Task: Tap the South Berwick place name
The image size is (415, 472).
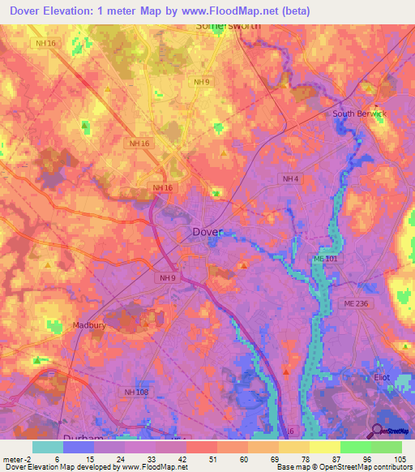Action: pos(360,114)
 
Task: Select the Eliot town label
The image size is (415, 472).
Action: pos(382,377)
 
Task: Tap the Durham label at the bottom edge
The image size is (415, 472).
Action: pos(83,437)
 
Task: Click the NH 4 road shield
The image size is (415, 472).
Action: pos(290,178)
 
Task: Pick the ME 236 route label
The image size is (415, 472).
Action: pos(355,303)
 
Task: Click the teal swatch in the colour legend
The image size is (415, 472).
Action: pos(48,447)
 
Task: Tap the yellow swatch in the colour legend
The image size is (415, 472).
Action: pos(324,447)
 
